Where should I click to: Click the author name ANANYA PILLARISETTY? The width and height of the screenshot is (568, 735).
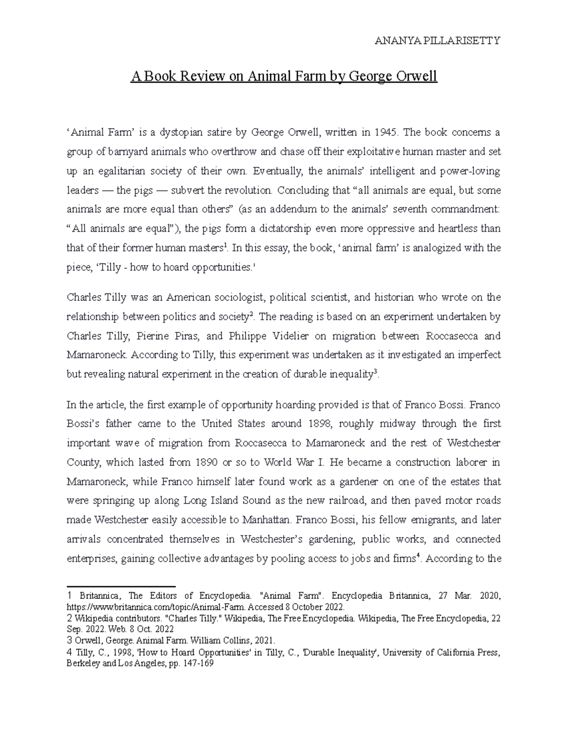tap(437, 41)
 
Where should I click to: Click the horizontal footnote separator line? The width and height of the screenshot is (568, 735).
tap(121, 585)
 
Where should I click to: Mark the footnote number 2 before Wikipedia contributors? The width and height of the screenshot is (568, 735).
tap(70, 619)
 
